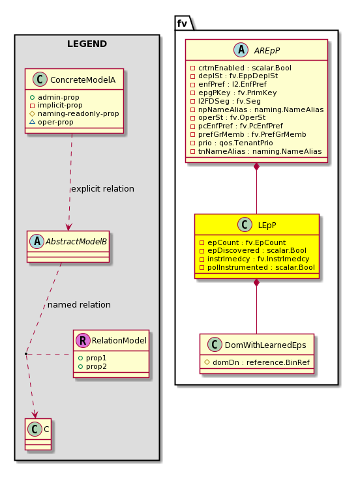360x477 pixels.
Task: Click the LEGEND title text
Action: pos(87,44)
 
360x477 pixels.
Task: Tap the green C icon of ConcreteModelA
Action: pos(40,79)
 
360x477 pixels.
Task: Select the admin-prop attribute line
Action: pos(55,97)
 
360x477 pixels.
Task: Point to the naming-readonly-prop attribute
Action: pos(74,114)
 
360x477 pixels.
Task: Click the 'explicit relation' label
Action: pos(102,188)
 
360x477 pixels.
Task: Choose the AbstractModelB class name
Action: pos(76,242)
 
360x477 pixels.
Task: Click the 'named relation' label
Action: pos(79,304)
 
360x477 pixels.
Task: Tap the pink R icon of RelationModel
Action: pos(83,340)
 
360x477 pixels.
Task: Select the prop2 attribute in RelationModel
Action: pos(93,367)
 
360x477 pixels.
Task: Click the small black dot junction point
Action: pos(26,354)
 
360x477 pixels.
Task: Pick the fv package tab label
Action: pos(182,23)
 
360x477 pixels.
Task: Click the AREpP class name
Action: pos(267,50)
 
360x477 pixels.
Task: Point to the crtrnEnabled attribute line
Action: pos(241,68)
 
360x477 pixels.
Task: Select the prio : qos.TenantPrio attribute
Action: pos(232,143)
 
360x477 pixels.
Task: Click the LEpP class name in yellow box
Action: pos(267,225)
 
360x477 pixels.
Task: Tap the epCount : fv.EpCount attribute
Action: pos(243,242)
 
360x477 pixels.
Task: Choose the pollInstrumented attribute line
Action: pos(257,267)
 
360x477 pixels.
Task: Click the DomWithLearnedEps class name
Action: pos(265,345)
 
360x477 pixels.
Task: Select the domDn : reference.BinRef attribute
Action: pos(257,362)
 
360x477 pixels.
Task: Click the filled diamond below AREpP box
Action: pos(256,167)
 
